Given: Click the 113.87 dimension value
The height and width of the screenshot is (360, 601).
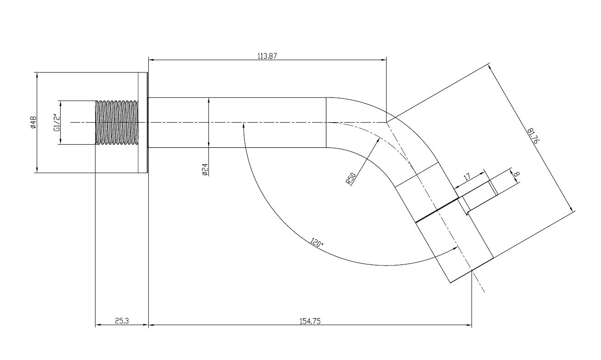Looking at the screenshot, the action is [x=267, y=56].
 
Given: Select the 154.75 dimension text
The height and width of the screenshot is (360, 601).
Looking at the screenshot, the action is [x=310, y=321].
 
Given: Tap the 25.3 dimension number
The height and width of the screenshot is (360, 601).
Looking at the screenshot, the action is [x=122, y=321].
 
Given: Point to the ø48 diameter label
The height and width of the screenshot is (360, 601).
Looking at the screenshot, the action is [x=33, y=122].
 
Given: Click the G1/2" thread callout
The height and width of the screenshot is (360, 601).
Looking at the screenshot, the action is [x=57, y=123].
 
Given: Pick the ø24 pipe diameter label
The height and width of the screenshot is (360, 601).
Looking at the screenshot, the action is [x=205, y=169].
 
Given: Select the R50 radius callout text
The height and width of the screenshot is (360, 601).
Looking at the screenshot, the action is [x=351, y=179].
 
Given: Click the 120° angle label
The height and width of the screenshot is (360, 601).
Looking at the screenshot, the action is [x=317, y=242].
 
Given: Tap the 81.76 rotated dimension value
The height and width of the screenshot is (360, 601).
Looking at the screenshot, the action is [x=533, y=136].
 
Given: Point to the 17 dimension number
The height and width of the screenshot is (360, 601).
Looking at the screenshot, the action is [x=467, y=177].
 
